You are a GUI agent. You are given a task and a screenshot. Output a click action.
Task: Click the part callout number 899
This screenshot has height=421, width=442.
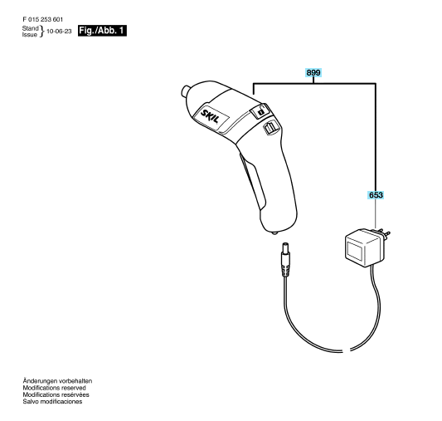[313, 73]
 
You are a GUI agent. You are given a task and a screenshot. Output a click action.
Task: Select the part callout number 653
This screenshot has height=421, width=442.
[376, 195]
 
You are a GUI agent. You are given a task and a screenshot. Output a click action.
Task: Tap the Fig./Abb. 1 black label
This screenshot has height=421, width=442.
[102, 31]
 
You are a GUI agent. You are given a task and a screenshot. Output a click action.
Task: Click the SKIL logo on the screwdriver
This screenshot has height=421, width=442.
[210, 117]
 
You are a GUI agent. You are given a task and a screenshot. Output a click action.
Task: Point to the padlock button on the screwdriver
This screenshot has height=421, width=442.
[260, 110]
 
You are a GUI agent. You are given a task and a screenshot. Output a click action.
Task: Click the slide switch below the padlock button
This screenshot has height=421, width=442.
[271, 127]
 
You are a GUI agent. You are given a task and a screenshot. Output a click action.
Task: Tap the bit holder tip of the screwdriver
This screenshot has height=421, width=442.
[185, 91]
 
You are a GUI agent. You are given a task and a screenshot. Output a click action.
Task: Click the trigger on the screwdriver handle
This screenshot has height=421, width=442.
[252, 179]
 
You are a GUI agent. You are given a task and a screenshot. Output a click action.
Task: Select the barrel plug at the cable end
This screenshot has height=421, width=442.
[285, 259]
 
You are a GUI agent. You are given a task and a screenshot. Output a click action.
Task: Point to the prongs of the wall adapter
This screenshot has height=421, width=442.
[382, 233]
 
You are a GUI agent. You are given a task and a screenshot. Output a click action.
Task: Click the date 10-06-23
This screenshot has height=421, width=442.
[59, 32]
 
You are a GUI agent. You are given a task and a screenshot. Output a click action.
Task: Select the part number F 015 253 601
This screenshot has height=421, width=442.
[43, 19]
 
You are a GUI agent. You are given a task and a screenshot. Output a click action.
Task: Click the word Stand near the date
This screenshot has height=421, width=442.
[30, 28]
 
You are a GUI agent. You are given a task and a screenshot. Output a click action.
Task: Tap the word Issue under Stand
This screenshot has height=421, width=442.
[30, 34]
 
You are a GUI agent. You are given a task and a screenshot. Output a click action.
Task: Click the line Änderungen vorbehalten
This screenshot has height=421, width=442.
[57, 381]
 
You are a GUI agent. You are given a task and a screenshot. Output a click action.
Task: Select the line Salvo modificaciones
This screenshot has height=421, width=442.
[52, 402]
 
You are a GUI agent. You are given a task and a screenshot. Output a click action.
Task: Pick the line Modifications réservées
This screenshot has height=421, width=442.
[56, 394]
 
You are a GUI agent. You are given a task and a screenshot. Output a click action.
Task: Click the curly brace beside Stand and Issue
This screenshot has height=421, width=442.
[42, 32]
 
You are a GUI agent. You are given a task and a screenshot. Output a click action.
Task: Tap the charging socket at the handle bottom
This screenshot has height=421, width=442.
[274, 233]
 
